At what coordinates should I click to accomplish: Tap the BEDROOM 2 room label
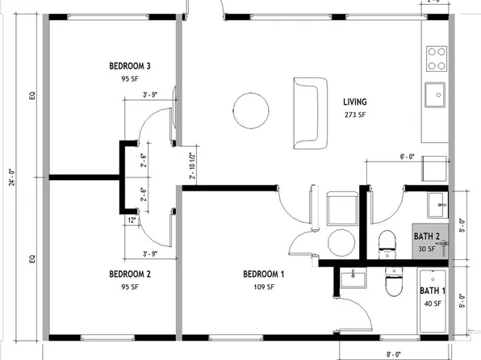point(131,274)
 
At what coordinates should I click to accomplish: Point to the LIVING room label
point(354,102)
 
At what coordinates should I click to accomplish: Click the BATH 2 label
point(427,237)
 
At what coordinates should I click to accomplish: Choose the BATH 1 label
point(432,291)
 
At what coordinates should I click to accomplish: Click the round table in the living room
point(249,109)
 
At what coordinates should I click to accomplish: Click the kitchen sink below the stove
point(437,94)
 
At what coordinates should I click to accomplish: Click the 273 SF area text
point(355,115)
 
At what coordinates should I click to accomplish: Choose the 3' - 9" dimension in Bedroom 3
point(148,94)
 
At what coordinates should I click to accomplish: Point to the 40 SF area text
point(432,303)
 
